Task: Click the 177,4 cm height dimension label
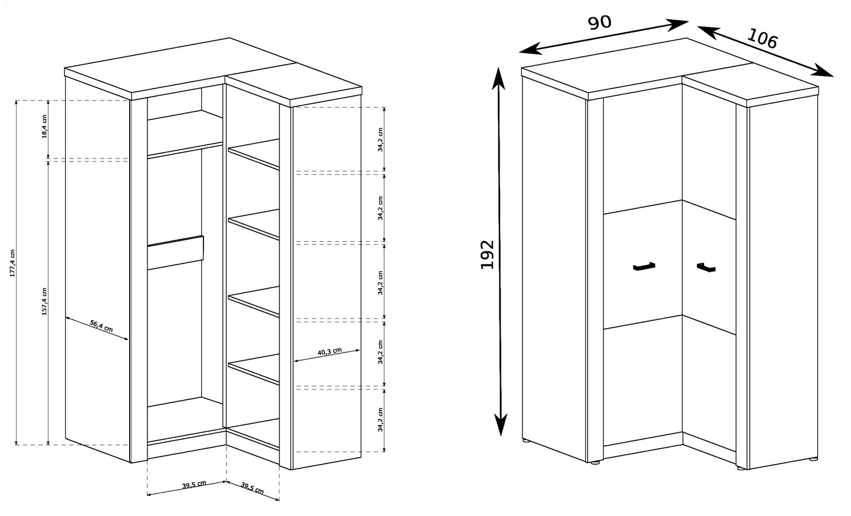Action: click(x=12, y=263)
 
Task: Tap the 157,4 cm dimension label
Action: click(x=44, y=301)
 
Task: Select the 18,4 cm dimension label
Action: click(x=44, y=126)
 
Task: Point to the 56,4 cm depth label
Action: click(x=101, y=326)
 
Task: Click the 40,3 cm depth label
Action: click(x=329, y=351)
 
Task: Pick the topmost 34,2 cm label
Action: click(x=380, y=139)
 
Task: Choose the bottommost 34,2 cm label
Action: click(x=380, y=420)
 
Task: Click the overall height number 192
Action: click(x=487, y=255)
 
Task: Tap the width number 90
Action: click(x=600, y=23)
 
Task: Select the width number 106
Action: click(x=762, y=39)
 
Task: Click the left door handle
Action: click(x=644, y=266)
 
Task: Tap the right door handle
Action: click(x=706, y=267)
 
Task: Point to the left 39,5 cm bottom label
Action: click(x=194, y=485)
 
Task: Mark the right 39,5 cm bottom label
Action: click(x=252, y=487)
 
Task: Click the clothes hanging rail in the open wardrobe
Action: click(x=175, y=253)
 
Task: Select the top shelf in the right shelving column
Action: click(x=254, y=154)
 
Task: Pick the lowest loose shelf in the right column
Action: click(x=254, y=369)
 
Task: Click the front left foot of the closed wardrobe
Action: click(x=594, y=463)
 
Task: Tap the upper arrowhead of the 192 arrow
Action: click(x=498, y=78)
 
